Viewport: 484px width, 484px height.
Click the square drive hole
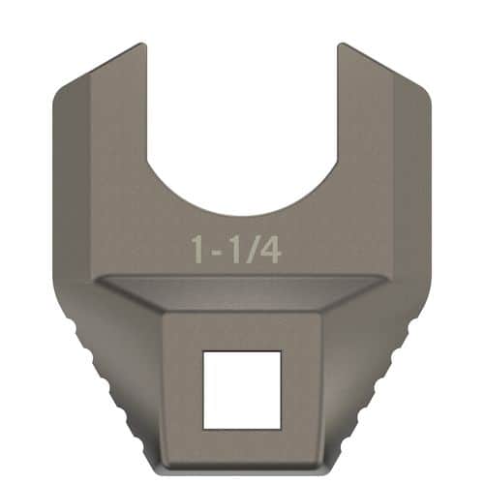coord(242,389)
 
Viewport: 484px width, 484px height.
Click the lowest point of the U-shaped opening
coord(242,215)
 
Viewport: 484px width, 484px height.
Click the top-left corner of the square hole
coord(202,351)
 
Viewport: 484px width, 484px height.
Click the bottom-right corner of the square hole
coord(282,427)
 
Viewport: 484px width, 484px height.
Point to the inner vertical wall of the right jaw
coord(338,106)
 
